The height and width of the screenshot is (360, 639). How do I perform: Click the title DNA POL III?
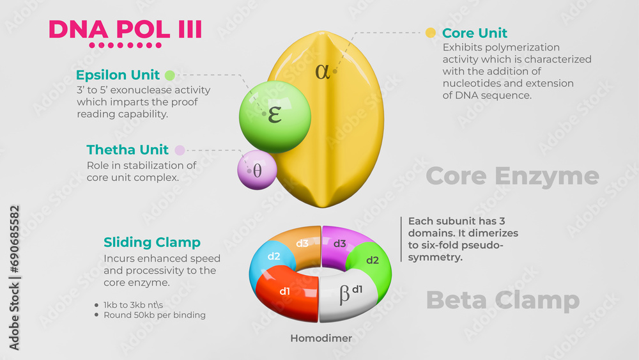125,29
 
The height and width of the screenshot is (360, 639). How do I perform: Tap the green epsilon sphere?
275,116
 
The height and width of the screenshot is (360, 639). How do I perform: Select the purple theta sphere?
257,170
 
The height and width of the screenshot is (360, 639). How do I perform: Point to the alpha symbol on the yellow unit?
323,71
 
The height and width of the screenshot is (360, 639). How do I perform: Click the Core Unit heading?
475,33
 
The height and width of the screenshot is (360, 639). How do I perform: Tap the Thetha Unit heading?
128,150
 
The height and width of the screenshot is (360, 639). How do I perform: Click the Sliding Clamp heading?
152,242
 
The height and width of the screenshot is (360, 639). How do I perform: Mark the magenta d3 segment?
341,243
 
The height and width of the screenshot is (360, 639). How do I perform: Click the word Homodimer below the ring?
321,338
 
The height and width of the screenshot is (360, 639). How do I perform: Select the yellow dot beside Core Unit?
431,33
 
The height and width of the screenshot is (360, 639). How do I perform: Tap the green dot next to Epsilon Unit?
171,75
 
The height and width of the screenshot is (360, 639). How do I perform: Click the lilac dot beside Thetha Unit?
180,150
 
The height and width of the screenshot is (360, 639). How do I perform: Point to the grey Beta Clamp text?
502,300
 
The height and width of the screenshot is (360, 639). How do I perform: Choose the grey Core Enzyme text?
512,176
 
